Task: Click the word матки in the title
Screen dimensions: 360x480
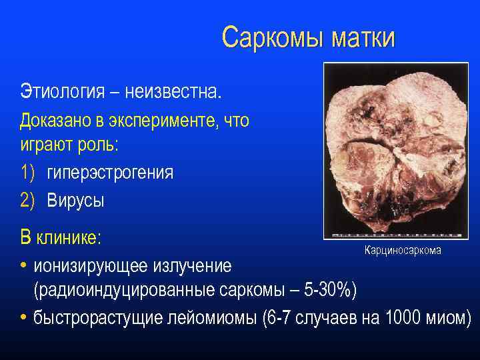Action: [360, 38]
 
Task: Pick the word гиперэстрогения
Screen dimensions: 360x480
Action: [110, 172]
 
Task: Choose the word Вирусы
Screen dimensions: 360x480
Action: [75, 200]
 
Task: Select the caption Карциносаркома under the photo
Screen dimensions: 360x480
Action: [402, 249]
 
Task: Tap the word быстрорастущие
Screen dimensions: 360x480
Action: [103, 317]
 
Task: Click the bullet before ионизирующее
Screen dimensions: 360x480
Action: [24, 265]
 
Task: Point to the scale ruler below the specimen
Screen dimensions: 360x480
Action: [399, 235]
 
